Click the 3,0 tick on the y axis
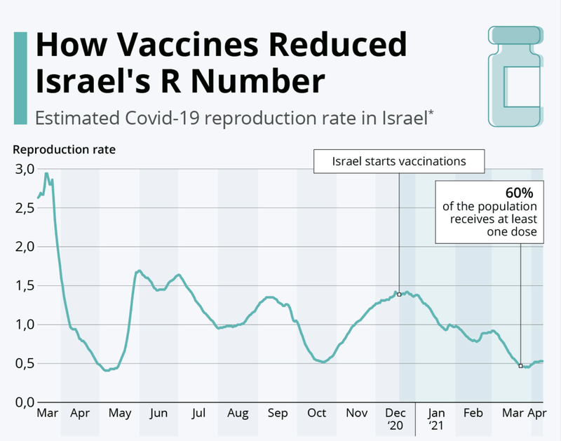pos(21,169)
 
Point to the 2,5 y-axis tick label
pos(21,208)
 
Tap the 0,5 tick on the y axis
pos(21,363)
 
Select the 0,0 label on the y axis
pos(21,402)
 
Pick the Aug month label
pos(238,413)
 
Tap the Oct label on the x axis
pos(316,413)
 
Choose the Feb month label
pos(473,413)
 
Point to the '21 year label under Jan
pos(437,426)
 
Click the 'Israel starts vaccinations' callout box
pos(399,161)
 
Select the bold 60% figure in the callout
pos(521,192)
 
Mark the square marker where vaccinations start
pos(399,294)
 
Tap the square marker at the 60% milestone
pos(520,365)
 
